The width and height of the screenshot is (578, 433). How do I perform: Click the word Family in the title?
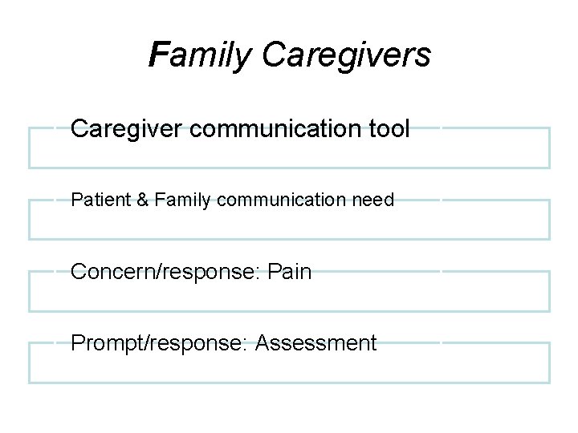pos(201,55)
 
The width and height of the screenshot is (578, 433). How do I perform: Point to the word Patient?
pos(95,200)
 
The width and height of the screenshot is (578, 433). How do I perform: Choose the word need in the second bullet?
pos(374,200)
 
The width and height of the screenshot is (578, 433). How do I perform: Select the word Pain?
pos(291,272)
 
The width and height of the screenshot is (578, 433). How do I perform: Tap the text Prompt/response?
pos(160,343)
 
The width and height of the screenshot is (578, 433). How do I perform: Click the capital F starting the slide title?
pos(159,55)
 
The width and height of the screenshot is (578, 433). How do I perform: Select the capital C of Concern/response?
pos(79,272)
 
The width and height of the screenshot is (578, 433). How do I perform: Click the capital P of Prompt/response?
pos(78,343)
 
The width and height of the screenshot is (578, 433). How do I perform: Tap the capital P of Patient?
pos(76,200)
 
